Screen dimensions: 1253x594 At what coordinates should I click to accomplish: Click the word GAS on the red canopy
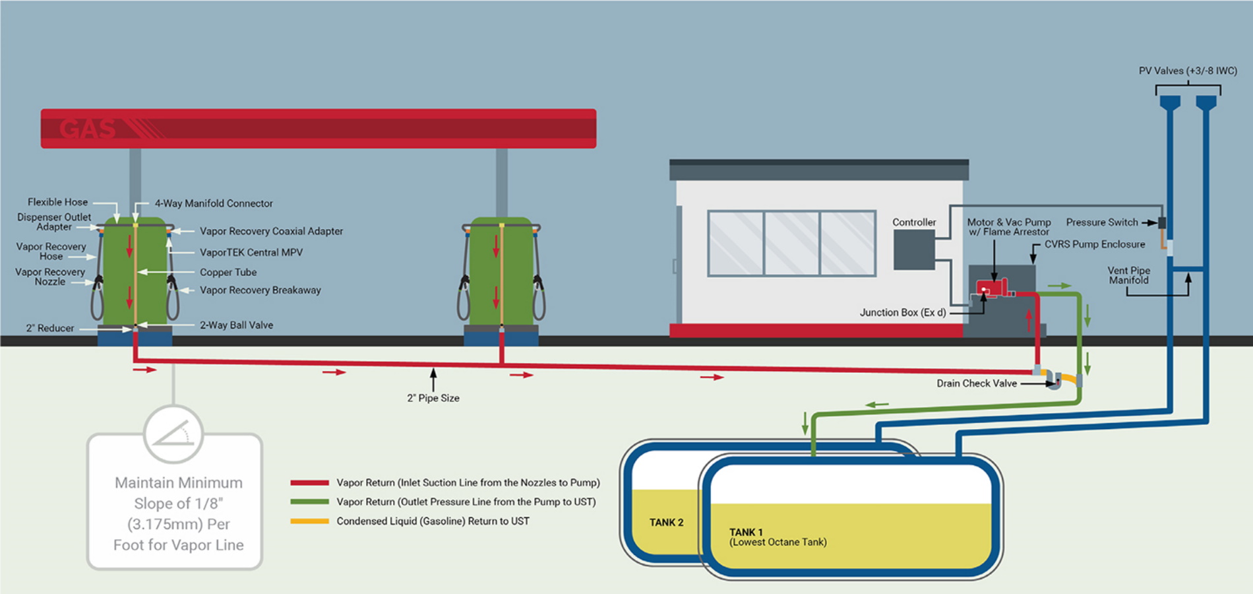click(x=87, y=129)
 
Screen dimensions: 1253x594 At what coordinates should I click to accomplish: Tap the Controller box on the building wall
click(x=914, y=249)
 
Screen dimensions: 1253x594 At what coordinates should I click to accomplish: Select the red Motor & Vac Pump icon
click(x=992, y=288)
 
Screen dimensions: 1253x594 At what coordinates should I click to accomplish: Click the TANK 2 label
click(x=666, y=522)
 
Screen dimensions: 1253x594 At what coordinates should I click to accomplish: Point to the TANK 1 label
click(x=746, y=532)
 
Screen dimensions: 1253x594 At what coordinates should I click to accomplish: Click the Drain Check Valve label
click(x=977, y=383)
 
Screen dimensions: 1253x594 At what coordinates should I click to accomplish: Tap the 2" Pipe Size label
click(x=433, y=398)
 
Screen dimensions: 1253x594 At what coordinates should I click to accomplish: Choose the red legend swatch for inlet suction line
click(x=309, y=483)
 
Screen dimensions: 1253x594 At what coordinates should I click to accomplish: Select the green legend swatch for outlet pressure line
click(x=309, y=502)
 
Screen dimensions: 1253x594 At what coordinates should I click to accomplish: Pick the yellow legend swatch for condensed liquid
click(x=309, y=521)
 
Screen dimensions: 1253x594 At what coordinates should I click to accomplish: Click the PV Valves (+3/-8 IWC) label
click(x=1188, y=71)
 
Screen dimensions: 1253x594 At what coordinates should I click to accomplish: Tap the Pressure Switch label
click(x=1102, y=222)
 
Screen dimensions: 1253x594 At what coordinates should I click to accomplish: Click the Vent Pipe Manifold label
click(x=1128, y=275)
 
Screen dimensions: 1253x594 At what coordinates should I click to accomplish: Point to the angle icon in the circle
click(x=173, y=434)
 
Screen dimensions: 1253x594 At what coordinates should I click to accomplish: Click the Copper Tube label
click(x=228, y=272)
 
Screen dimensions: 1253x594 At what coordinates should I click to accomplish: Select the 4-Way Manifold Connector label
click(x=214, y=203)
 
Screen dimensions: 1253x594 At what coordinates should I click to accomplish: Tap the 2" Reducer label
click(x=50, y=328)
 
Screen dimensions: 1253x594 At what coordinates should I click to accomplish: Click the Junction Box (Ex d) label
click(x=903, y=312)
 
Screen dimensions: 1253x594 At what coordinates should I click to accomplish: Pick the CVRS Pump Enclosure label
click(x=1095, y=244)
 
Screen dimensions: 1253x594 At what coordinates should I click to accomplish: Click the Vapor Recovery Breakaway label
click(x=260, y=290)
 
